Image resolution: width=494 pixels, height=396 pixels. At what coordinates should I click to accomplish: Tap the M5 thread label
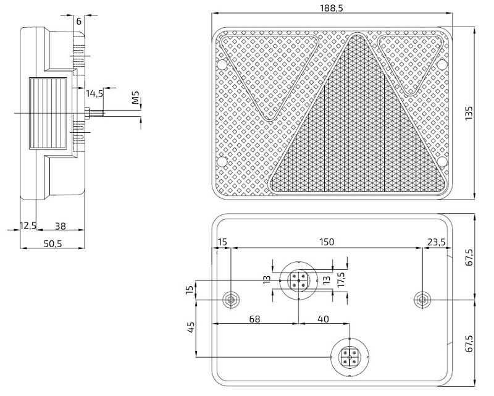coord(136,97)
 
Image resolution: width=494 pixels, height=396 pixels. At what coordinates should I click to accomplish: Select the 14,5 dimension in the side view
coord(94,93)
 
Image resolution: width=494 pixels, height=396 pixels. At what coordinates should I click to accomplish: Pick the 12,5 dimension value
coord(28,226)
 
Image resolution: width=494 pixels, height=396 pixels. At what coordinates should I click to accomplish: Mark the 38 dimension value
coord(61,226)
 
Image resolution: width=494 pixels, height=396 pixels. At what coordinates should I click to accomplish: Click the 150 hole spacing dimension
coord(327,242)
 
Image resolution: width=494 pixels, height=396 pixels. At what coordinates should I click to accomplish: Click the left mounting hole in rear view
coord(231,300)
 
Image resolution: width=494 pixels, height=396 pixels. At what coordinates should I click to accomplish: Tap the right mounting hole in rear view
coord(422,300)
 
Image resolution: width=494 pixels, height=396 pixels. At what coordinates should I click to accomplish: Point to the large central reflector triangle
coord(356,136)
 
